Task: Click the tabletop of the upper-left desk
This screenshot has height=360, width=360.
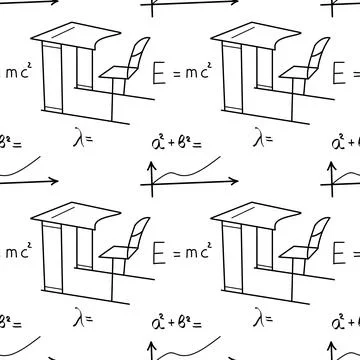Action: (70, 37)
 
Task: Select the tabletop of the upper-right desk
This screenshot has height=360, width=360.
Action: (250, 37)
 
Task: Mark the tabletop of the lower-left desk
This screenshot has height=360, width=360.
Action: (70, 217)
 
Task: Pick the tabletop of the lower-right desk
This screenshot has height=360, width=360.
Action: (250, 217)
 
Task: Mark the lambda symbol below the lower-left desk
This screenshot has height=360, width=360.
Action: (79, 319)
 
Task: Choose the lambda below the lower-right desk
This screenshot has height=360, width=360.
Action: (259, 319)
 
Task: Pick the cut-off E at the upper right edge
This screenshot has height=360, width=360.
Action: (351, 73)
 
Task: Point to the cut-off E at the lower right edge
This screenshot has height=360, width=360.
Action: (351, 253)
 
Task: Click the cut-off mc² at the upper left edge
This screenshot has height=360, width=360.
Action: (17, 73)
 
